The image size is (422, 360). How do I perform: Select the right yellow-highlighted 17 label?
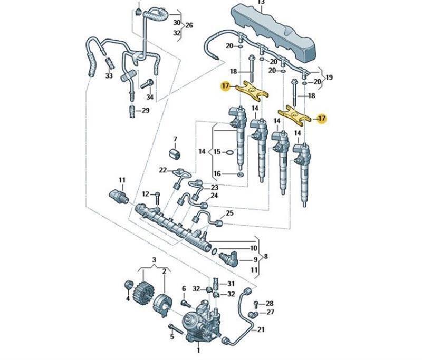pos(322,119)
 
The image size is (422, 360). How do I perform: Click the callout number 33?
pos(109,76)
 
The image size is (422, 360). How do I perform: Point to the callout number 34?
pos(150,98)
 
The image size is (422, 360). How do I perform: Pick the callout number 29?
pos(145,111)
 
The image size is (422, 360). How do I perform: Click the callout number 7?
pos(175,140)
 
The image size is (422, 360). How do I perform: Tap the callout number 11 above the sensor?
pos(122,181)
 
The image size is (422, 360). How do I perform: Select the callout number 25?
pos(229,213)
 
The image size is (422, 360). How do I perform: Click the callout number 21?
pos(260,329)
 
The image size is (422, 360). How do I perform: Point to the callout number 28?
pos(270,304)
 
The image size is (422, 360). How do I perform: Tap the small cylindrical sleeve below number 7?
pos(175,153)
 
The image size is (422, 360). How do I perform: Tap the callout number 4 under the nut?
pos(127,299)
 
